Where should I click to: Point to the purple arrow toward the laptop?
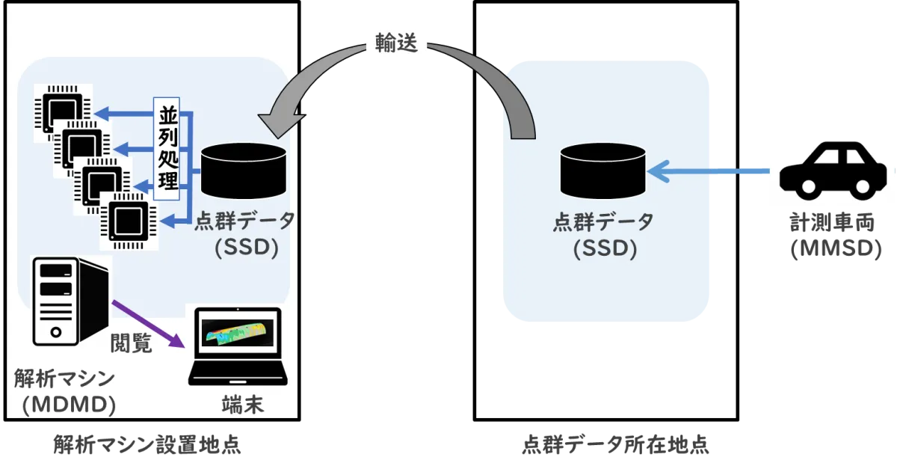pyautogui.click(x=148, y=324)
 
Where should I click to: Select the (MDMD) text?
pyautogui.click(x=68, y=405)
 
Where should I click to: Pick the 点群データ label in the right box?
pyautogui.click(x=603, y=222)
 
